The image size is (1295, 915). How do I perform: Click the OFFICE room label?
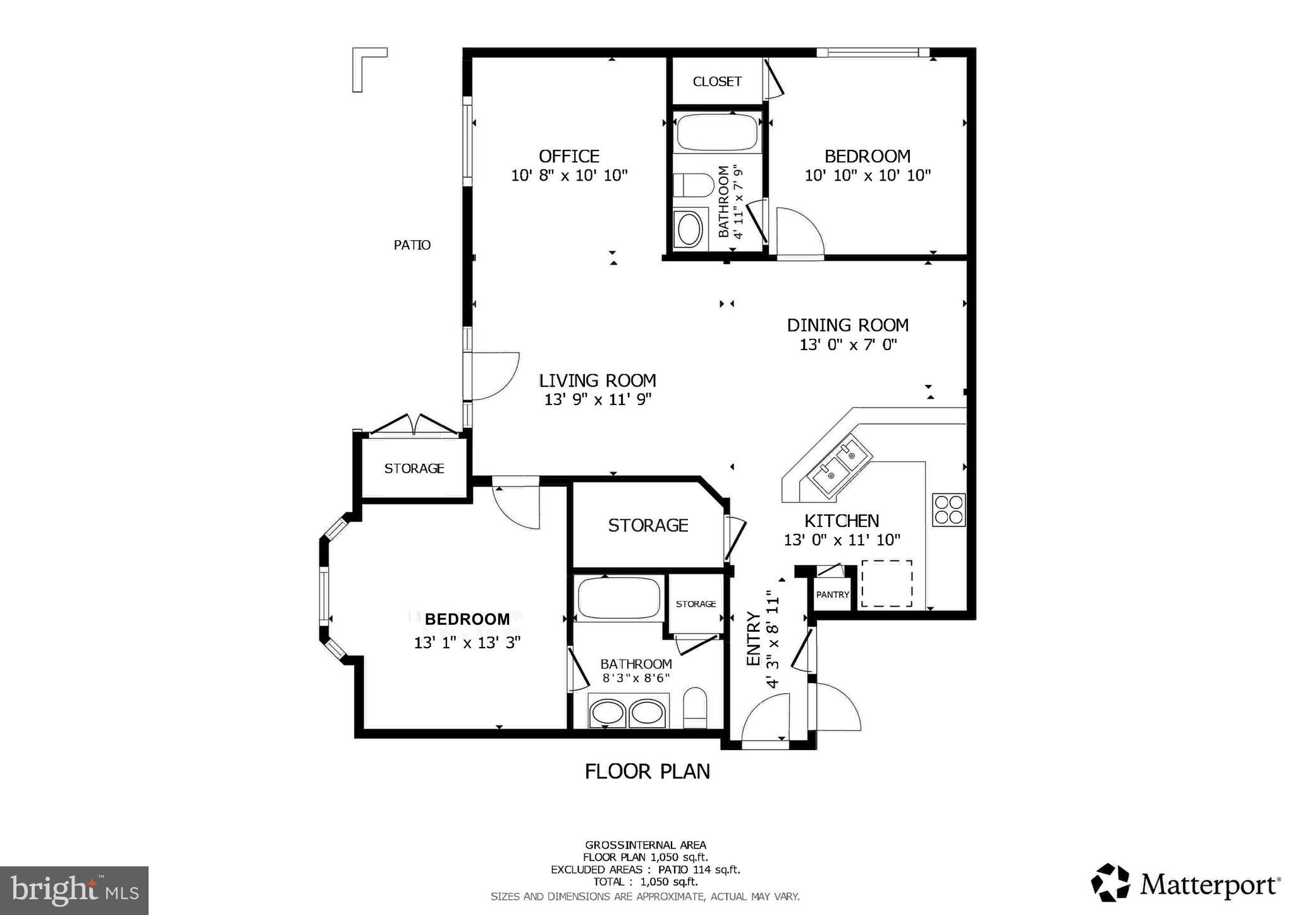pos(568,156)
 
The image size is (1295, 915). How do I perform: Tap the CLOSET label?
pos(717,82)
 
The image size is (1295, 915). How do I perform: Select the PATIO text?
pos(412,245)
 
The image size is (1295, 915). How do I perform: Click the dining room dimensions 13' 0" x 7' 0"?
pos(848,345)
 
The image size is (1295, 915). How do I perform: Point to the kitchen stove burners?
pos(948,510)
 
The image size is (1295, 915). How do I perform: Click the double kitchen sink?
pos(842,464)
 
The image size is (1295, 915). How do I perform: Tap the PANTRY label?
pos(832,595)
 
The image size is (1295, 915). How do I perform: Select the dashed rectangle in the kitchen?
pos(887,583)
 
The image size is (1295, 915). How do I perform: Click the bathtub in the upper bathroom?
pos(717,132)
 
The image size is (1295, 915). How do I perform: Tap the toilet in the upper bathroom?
pos(692,185)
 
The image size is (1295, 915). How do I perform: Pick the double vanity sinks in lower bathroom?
pos(627,713)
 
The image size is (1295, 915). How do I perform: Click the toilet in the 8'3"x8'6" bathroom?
pos(695,708)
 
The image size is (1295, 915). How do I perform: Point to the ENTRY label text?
pos(753,638)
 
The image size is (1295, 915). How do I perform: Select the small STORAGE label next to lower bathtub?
pos(696,604)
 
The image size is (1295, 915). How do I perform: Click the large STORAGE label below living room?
pos(647,525)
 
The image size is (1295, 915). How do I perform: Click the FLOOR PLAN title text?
pos(647,772)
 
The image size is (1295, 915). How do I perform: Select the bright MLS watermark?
pos(74,890)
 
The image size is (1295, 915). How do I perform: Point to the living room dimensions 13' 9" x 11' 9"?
pos(598,399)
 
